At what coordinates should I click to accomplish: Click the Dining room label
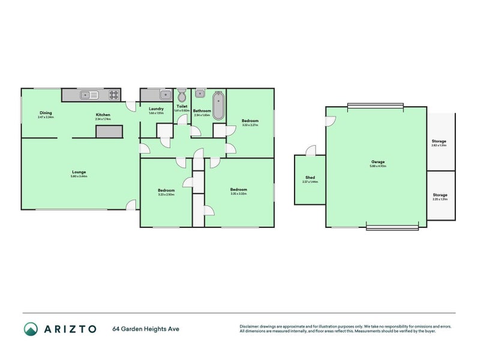(x=46, y=113)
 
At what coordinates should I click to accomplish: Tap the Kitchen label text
(x=103, y=115)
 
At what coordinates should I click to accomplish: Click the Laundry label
(x=156, y=108)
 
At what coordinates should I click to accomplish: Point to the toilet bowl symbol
(x=181, y=95)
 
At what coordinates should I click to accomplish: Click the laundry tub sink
(x=164, y=94)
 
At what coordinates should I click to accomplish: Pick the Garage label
(x=377, y=161)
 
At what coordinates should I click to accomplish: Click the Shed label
(x=310, y=177)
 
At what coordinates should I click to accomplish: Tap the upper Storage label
(x=439, y=141)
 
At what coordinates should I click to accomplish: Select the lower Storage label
(x=440, y=194)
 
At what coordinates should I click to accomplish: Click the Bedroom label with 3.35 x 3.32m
(x=238, y=190)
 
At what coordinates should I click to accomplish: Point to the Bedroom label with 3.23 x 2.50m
(x=166, y=190)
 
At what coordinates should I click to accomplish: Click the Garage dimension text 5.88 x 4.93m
(x=377, y=166)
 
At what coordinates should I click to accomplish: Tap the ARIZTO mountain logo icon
(x=31, y=328)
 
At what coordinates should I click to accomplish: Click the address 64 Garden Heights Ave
(x=146, y=329)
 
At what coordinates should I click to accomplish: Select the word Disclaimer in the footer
(x=251, y=326)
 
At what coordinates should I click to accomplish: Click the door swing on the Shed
(x=310, y=150)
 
